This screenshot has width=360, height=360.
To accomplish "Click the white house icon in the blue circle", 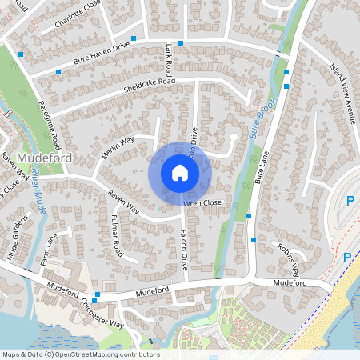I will click(179, 172).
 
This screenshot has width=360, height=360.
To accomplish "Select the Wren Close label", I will click(202, 203).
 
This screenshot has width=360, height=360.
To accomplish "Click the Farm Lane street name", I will click(50, 250).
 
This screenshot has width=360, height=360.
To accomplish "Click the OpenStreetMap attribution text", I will click(80, 354).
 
